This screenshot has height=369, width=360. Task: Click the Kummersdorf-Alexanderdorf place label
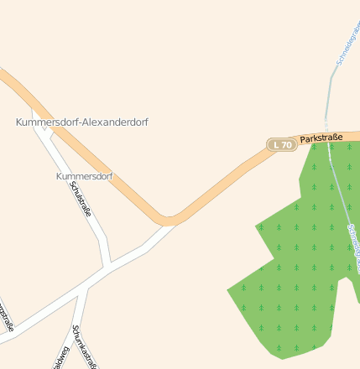coord(82,122)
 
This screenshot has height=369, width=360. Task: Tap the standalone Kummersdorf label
coord(84,177)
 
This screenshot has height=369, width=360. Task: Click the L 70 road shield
coord(282,145)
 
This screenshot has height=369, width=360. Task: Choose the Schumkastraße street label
coord(86,346)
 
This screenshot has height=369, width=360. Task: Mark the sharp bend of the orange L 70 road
coord(168,221)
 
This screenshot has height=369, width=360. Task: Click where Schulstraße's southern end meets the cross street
coord(107,267)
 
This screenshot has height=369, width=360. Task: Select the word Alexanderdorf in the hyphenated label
coord(113,122)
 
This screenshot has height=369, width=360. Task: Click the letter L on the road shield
coord(278,145)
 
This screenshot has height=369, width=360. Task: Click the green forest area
coord(302,268)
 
